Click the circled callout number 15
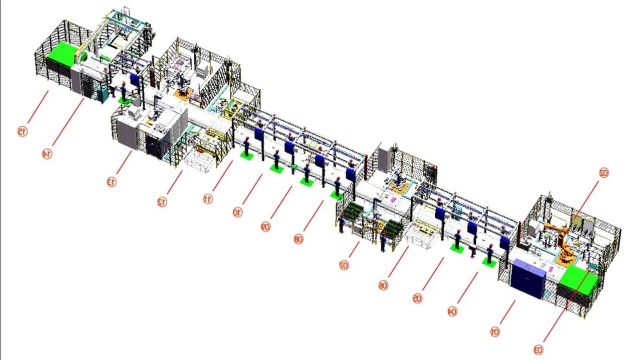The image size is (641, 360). coord(22,132)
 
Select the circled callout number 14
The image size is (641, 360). coord(47,154)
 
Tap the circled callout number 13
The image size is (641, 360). coord(112,181)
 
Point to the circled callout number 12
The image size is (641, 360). coord(162,202)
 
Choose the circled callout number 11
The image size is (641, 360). coord(208,199)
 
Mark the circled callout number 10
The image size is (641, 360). coord(237,212)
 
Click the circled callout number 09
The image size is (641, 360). coord(265,227)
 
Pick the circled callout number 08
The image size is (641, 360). coord(298,239)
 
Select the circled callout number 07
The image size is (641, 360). coord(344,265)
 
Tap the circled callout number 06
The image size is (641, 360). coord(383,285)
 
